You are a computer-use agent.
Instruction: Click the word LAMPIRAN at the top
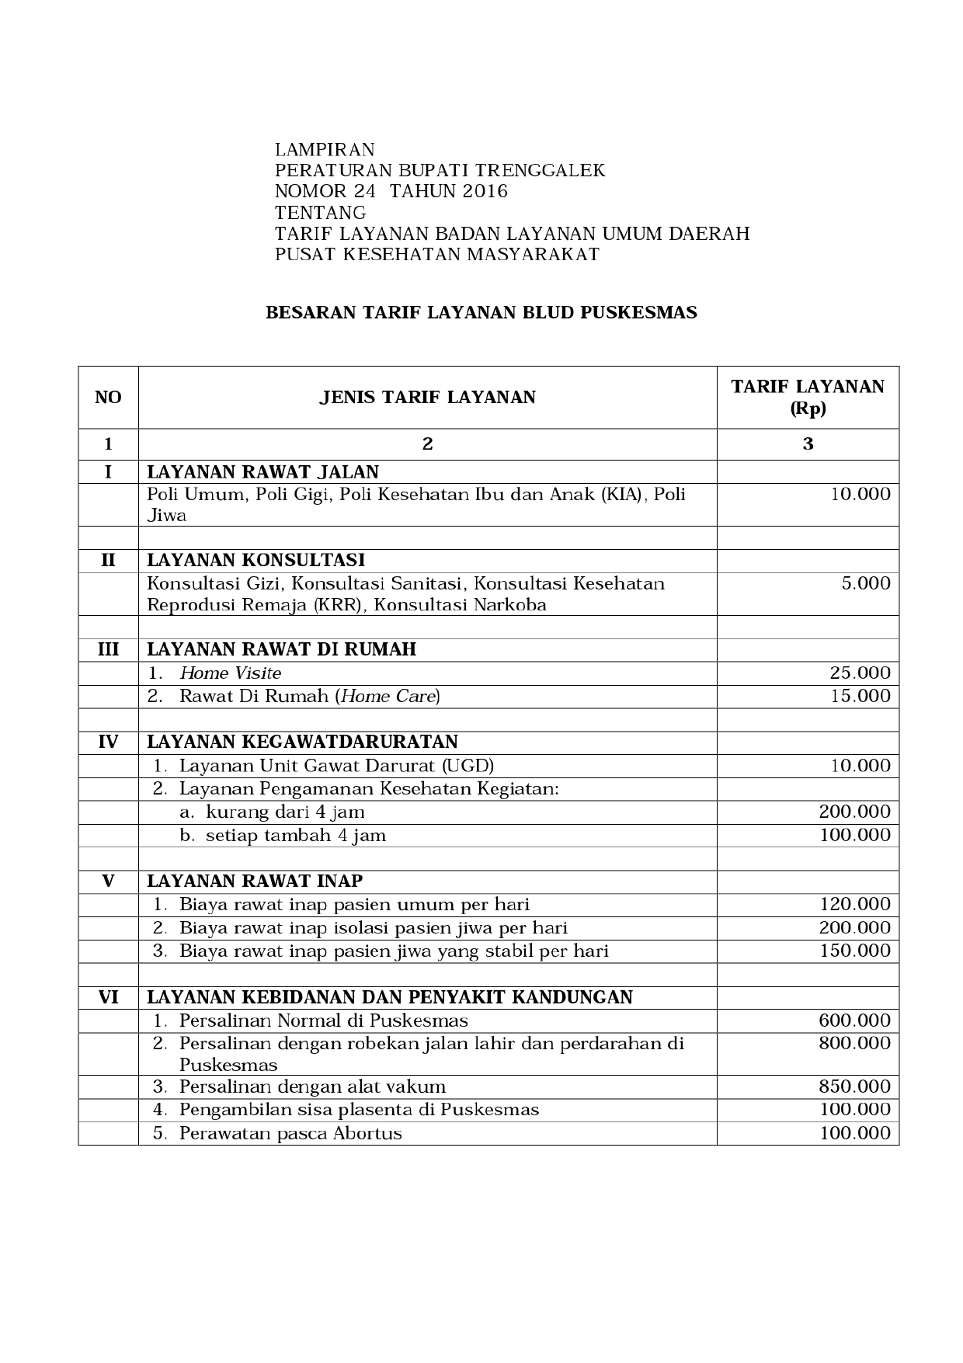(x=325, y=150)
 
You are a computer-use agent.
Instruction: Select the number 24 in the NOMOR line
(x=358, y=192)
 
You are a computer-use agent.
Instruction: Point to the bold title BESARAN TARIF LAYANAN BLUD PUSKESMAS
(x=481, y=313)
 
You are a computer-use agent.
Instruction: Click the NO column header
(x=108, y=398)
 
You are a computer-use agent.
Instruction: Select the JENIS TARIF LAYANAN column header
(x=427, y=398)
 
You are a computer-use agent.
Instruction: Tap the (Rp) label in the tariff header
(x=808, y=409)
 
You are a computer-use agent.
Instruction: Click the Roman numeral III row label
(x=108, y=649)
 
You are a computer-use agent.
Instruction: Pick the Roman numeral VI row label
(x=108, y=997)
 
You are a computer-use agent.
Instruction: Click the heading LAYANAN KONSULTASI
(x=256, y=561)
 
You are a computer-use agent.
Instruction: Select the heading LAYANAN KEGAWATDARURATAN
(x=302, y=742)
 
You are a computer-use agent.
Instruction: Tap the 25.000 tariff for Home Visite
(x=860, y=673)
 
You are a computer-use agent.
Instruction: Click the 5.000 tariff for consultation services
(x=865, y=584)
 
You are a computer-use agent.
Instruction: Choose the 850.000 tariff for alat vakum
(x=854, y=1087)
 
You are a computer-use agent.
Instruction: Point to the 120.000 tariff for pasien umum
(x=854, y=905)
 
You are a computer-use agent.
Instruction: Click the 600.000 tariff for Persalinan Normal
(x=854, y=1021)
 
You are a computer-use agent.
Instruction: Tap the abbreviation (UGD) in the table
(x=468, y=766)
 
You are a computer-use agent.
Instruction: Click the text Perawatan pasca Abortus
(x=290, y=1133)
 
